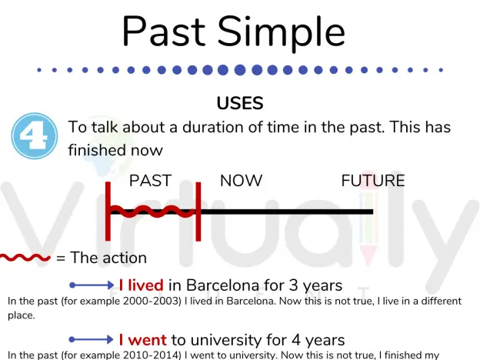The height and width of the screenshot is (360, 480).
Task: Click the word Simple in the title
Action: tap(282, 33)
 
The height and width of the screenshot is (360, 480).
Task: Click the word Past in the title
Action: tap(164, 32)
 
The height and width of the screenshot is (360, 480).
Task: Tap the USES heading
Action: tap(240, 103)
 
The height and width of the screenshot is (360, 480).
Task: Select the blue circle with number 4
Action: tap(35, 136)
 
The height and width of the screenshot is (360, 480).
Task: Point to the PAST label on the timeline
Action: tap(150, 181)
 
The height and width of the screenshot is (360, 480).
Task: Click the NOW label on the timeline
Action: tap(242, 181)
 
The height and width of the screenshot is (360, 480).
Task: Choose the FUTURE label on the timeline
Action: tap(373, 181)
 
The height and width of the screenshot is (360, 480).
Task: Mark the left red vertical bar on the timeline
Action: tap(108, 212)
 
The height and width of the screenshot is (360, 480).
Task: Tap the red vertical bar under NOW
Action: tap(198, 212)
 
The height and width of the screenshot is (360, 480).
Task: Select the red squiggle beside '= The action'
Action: tap(25, 258)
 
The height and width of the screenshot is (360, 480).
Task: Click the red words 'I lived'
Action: tap(141, 285)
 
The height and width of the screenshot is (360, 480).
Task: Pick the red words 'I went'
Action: tap(142, 340)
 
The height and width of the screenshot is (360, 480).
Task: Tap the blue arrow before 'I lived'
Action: tap(92, 285)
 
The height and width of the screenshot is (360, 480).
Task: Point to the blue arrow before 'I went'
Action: tap(92, 339)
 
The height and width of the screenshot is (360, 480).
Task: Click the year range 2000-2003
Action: tap(152, 302)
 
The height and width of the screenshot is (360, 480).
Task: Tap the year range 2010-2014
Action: tap(152, 355)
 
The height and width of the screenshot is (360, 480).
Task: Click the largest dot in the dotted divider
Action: tap(240, 70)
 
